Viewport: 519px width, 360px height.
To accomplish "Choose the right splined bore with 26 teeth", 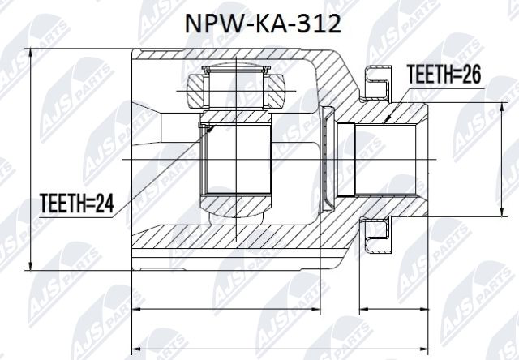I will pyautogui.click(x=386, y=159).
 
